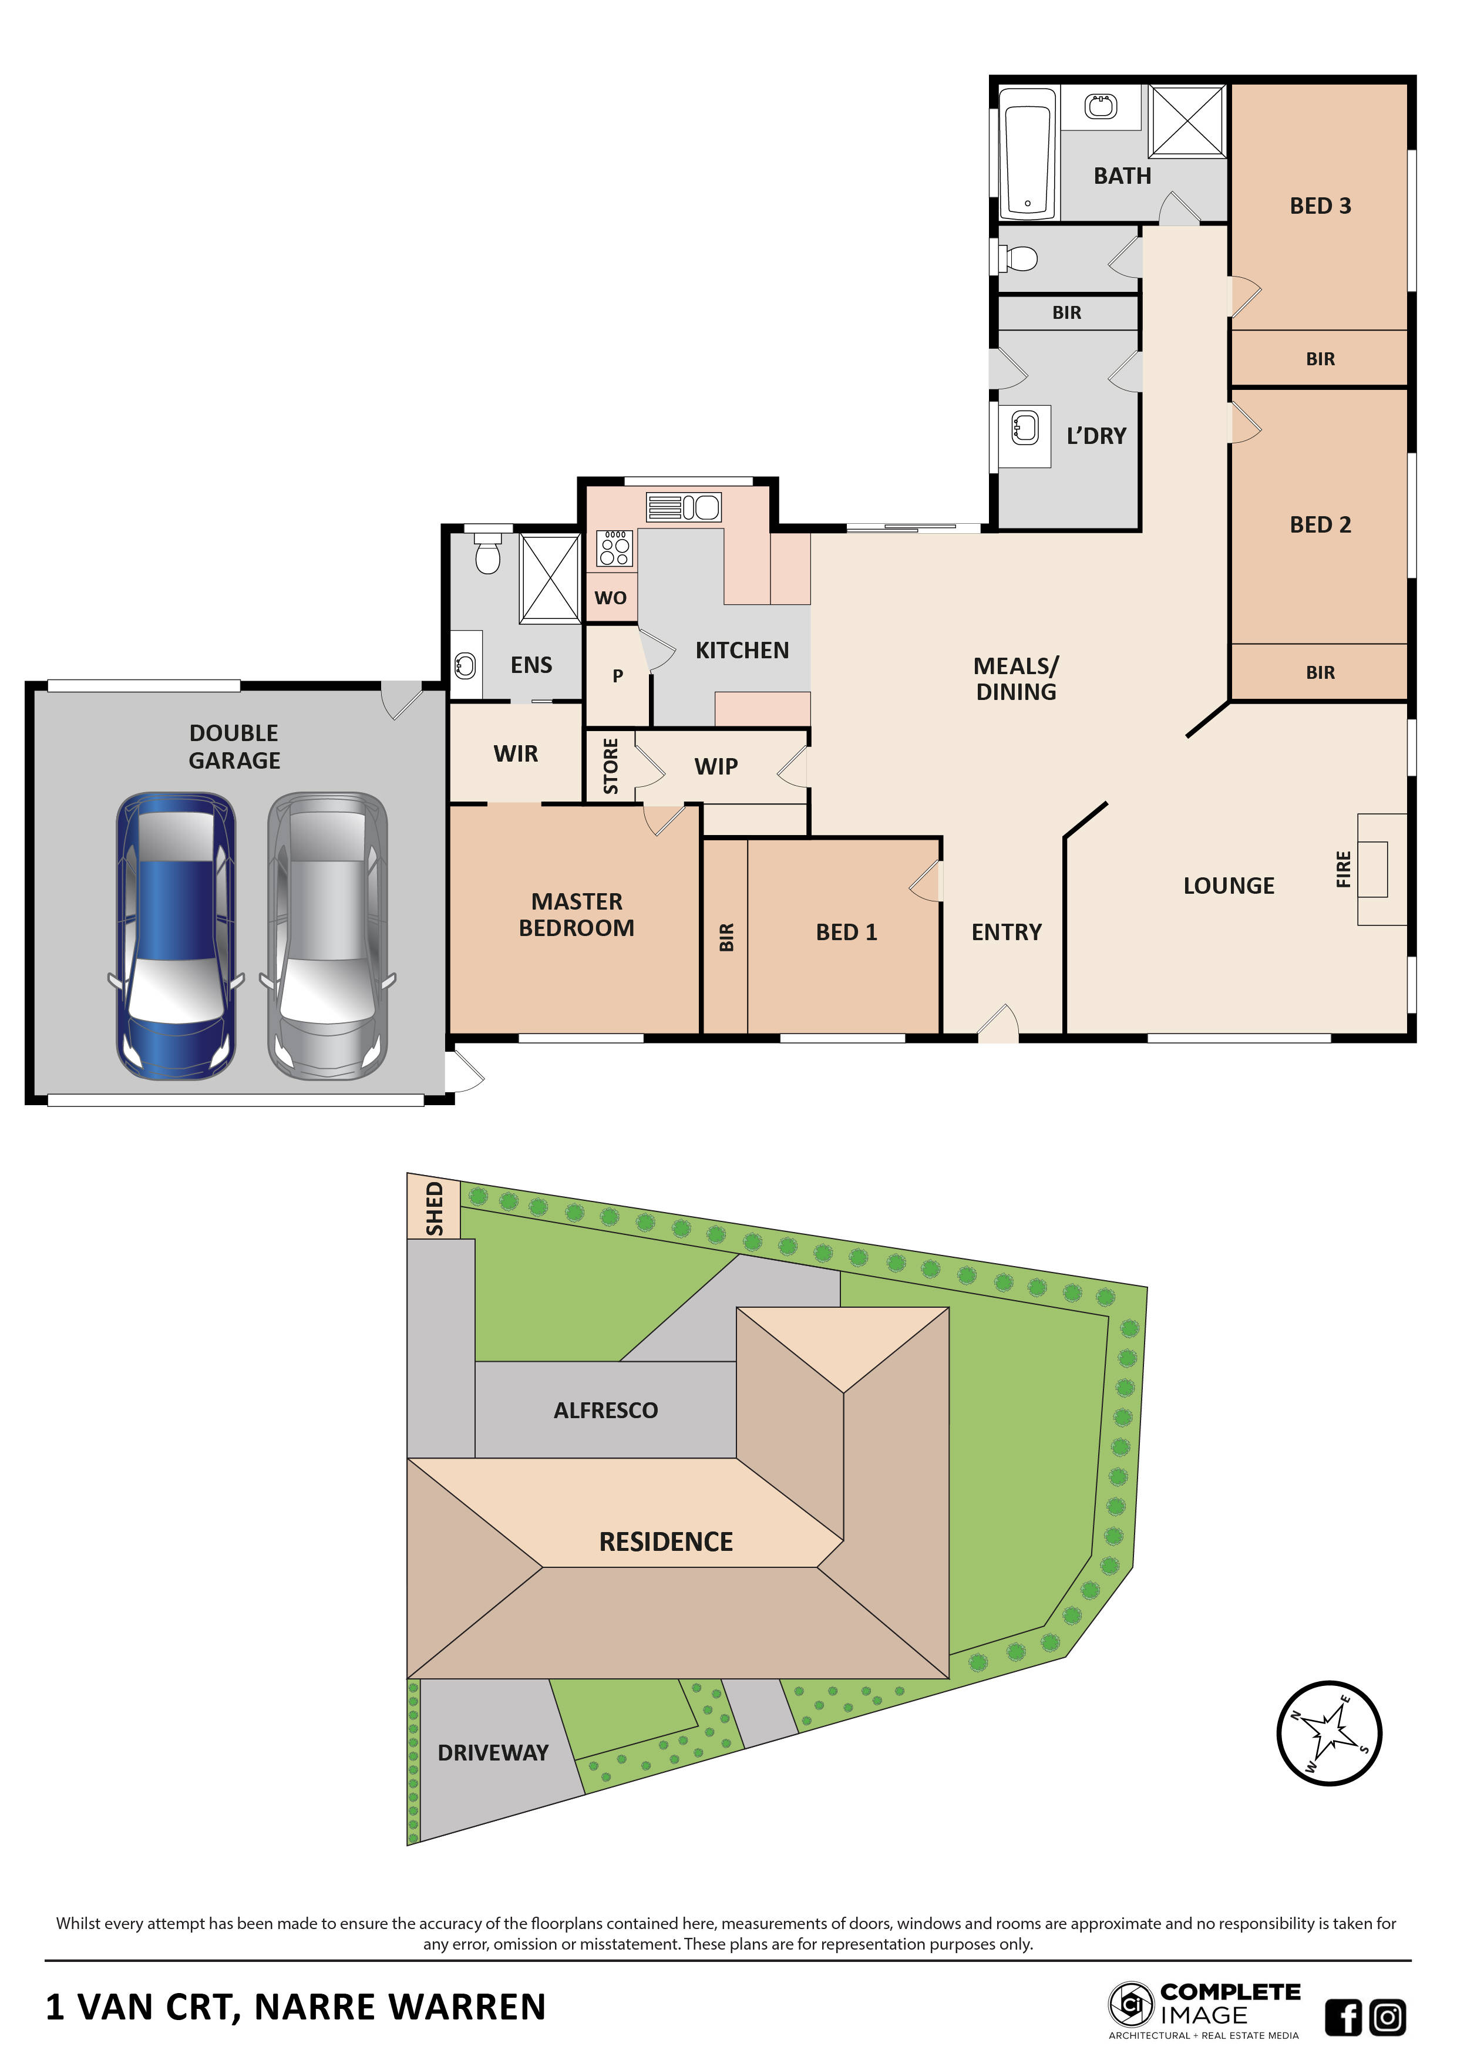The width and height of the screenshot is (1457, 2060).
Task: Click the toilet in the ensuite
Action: click(x=487, y=554)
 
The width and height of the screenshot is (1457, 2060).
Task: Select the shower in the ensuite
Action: click(x=549, y=578)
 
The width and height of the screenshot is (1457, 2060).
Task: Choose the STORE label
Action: click(x=611, y=765)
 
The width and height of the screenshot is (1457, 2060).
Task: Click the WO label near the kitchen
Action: click(x=610, y=598)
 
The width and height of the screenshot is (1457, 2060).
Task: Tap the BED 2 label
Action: click(x=1320, y=525)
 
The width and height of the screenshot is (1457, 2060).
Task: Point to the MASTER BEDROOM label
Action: click(x=576, y=914)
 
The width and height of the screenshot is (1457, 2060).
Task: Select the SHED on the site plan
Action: click(x=433, y=1209)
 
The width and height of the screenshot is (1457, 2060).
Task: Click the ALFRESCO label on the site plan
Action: click(x=605, y=1411)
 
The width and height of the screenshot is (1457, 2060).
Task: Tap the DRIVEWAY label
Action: click(x=493, y=1752)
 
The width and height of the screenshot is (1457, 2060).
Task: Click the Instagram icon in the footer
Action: click(x=1387, y=2017)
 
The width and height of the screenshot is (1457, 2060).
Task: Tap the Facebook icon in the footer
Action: click(x=1343, y=2017)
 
